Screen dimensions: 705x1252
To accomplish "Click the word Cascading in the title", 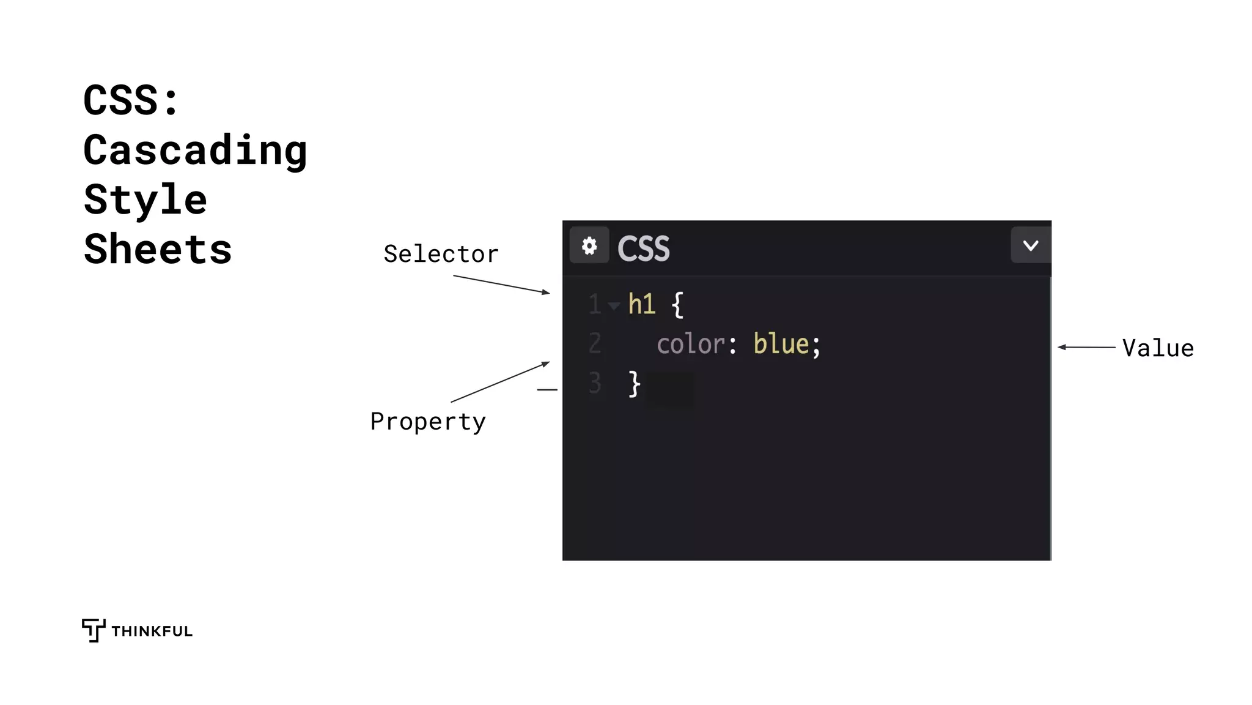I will [x=195, y=151].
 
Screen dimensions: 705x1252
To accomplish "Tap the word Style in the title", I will [x=145, y=200].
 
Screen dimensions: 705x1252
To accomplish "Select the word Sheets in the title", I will [x=158, y=250].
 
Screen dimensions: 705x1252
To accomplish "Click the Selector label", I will [x=441, y=254].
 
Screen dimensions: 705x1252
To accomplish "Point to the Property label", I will [x=428, y=422].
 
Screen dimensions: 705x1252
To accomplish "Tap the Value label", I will [x=1158, y=348].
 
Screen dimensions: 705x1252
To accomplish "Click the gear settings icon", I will [x=589, y=246].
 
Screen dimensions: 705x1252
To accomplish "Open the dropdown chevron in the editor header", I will [x=1031, y=245].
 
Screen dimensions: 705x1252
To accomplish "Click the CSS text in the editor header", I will [x=644, y=248].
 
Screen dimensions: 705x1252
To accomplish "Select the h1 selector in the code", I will [x=642, y=304].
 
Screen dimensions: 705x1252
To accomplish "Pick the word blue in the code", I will [x=782, y=344].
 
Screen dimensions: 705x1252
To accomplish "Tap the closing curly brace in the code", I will [x=635, y=384].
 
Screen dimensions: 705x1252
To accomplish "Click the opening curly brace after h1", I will [x=677, y=304].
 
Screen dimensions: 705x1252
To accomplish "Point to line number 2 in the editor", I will [x=595, y=343].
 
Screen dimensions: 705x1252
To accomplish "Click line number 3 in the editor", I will [x=595, y=383].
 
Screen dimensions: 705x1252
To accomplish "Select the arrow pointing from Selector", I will [x=501, y=285].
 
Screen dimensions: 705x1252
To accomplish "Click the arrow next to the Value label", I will [x=1087, y=347].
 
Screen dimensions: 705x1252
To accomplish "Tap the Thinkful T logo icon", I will [x=93, y=630].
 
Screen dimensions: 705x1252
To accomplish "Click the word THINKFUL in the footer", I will [x=152, y=632].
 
